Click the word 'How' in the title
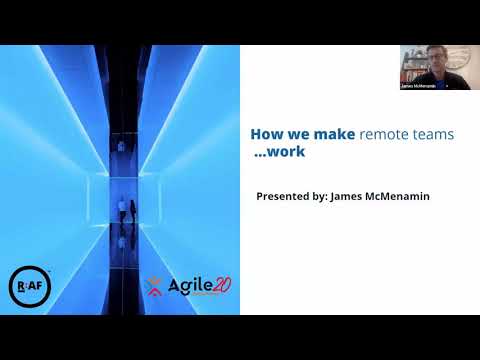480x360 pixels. [262, 132]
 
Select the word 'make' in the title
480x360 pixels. [335, 132]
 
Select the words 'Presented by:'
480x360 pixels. [294, 196]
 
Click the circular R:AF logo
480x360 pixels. [26, 283]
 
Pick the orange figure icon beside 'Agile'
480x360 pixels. [153, 288]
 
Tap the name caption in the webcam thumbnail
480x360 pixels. [418, 86]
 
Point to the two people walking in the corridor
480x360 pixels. [125, 209]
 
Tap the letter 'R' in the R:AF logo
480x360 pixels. [20, 283]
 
